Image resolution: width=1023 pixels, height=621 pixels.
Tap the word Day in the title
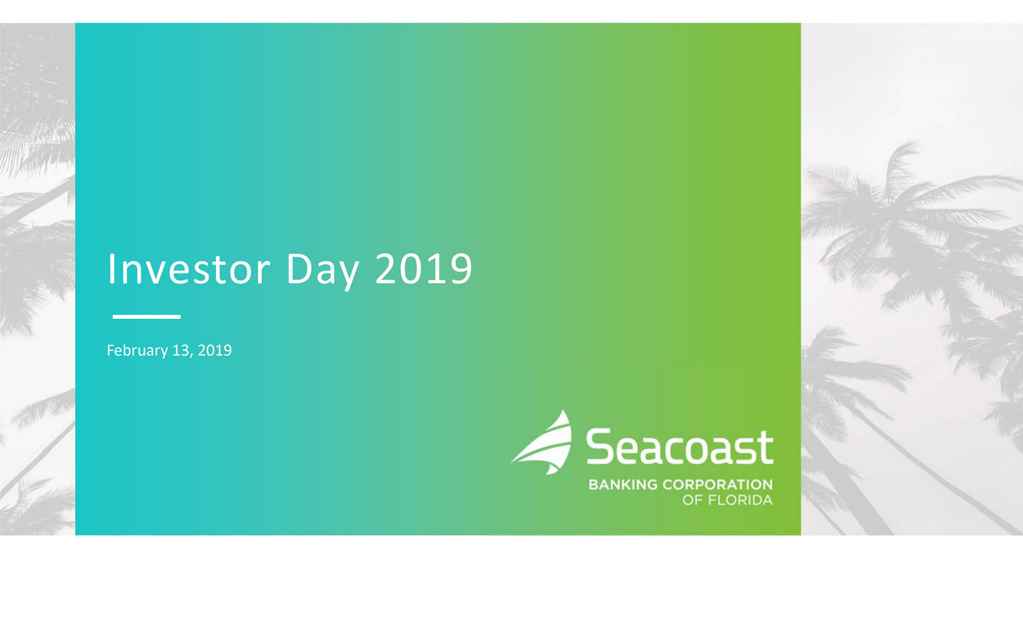pos(322,271)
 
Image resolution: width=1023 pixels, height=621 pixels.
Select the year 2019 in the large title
pos(424,269)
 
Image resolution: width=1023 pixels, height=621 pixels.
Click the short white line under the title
pos(146,316)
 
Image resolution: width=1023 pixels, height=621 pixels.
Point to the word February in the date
pos(137,351)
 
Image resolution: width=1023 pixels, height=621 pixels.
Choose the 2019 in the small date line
pos(215,350)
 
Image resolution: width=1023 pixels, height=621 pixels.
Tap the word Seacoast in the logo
pos(679,446)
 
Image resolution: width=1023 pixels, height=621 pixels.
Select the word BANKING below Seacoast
pos(623,484)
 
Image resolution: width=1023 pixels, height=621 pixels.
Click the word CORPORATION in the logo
pos(718,484)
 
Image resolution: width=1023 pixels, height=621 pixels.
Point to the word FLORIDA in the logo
pos(740,500)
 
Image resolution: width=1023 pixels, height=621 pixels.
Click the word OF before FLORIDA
pos(692,500)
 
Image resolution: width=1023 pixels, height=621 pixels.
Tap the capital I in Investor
pos(110,269)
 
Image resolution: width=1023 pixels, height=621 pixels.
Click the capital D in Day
pos(300,269)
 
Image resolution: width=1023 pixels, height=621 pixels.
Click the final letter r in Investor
pos(264,273)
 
